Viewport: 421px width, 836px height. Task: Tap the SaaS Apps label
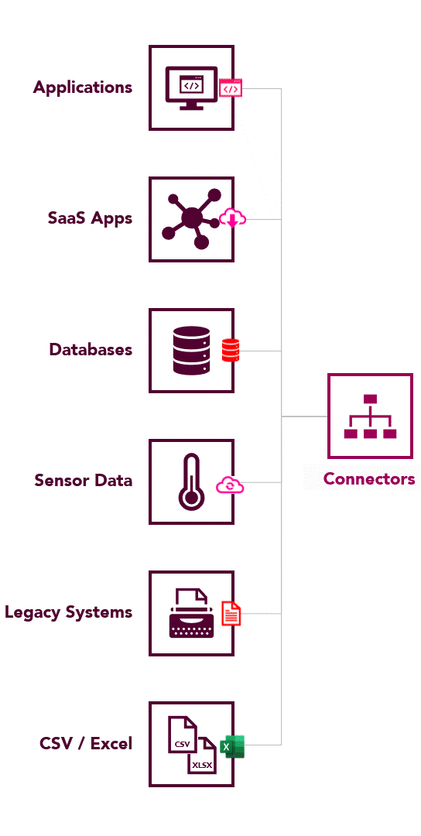click(90, 218)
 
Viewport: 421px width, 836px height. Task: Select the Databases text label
click(91, 350)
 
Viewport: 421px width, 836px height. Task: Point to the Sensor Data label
click(83, 481)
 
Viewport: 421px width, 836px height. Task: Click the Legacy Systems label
click(69, 612)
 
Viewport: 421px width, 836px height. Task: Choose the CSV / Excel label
click(86, 743)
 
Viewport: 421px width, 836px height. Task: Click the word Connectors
click(369, 479)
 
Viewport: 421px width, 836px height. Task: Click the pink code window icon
click(231, 88)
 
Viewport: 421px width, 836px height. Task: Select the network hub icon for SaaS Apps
click(191, 219)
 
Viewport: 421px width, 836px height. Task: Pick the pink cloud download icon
click(233, 218)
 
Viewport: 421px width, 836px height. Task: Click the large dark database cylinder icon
click(191, 350)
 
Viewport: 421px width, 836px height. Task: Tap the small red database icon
click(231, 351)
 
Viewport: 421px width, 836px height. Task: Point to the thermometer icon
click(190, 481)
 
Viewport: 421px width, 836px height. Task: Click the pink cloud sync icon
click(230, 485)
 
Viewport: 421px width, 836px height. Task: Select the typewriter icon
click(191, 612)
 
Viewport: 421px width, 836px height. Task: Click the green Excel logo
click(232, 746)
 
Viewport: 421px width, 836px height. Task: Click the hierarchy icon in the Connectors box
click(371, 416)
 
